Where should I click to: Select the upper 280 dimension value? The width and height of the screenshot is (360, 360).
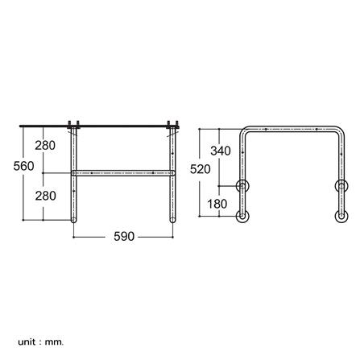[46, 146]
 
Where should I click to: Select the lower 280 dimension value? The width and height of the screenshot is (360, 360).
[46, 196]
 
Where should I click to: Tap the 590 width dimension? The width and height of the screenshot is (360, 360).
[122, 237]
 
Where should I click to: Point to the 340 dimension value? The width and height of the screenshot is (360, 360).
[221, 151]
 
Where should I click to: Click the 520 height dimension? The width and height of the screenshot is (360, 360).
[200, 169]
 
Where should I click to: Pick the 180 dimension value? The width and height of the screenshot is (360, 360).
[217, 204]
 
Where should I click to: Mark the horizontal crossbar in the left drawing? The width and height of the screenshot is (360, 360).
[122, 172]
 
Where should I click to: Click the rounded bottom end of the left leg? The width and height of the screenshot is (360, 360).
[74, 218]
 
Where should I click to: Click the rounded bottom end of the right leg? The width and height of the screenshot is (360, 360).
[172, 218]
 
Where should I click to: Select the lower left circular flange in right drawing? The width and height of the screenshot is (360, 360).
[242, 216]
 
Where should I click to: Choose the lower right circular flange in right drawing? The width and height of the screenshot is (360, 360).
[340, 216]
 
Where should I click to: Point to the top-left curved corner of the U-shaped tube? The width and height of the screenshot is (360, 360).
[245, 130]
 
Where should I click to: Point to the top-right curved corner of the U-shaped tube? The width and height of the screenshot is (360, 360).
[337, 130]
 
